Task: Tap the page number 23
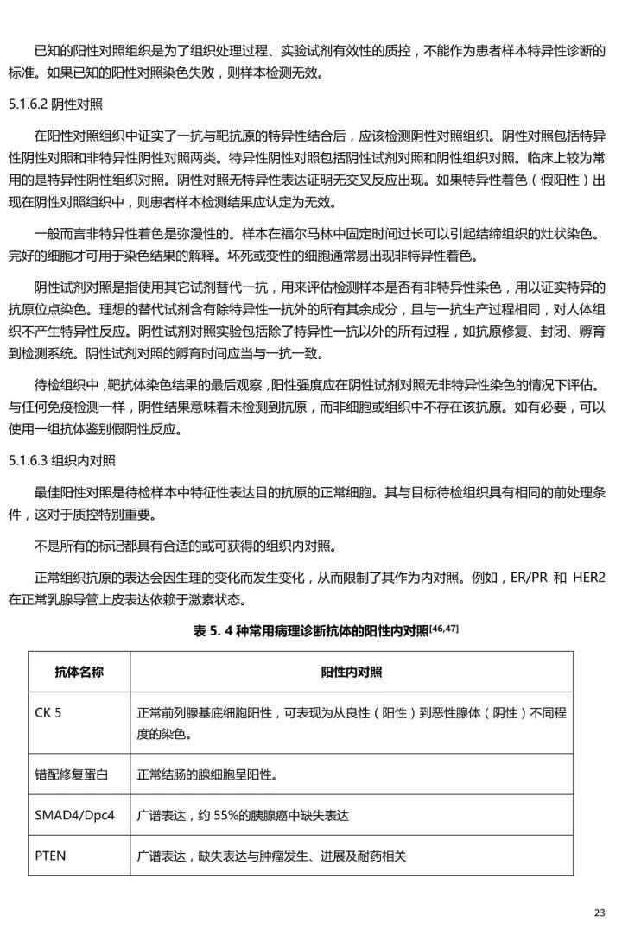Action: click(x=600, y=913)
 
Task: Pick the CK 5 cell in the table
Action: click(x=48, y=712)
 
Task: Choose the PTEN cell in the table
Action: click(x=50, y=856)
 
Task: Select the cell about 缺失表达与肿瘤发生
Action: click(x=271, y=856)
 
